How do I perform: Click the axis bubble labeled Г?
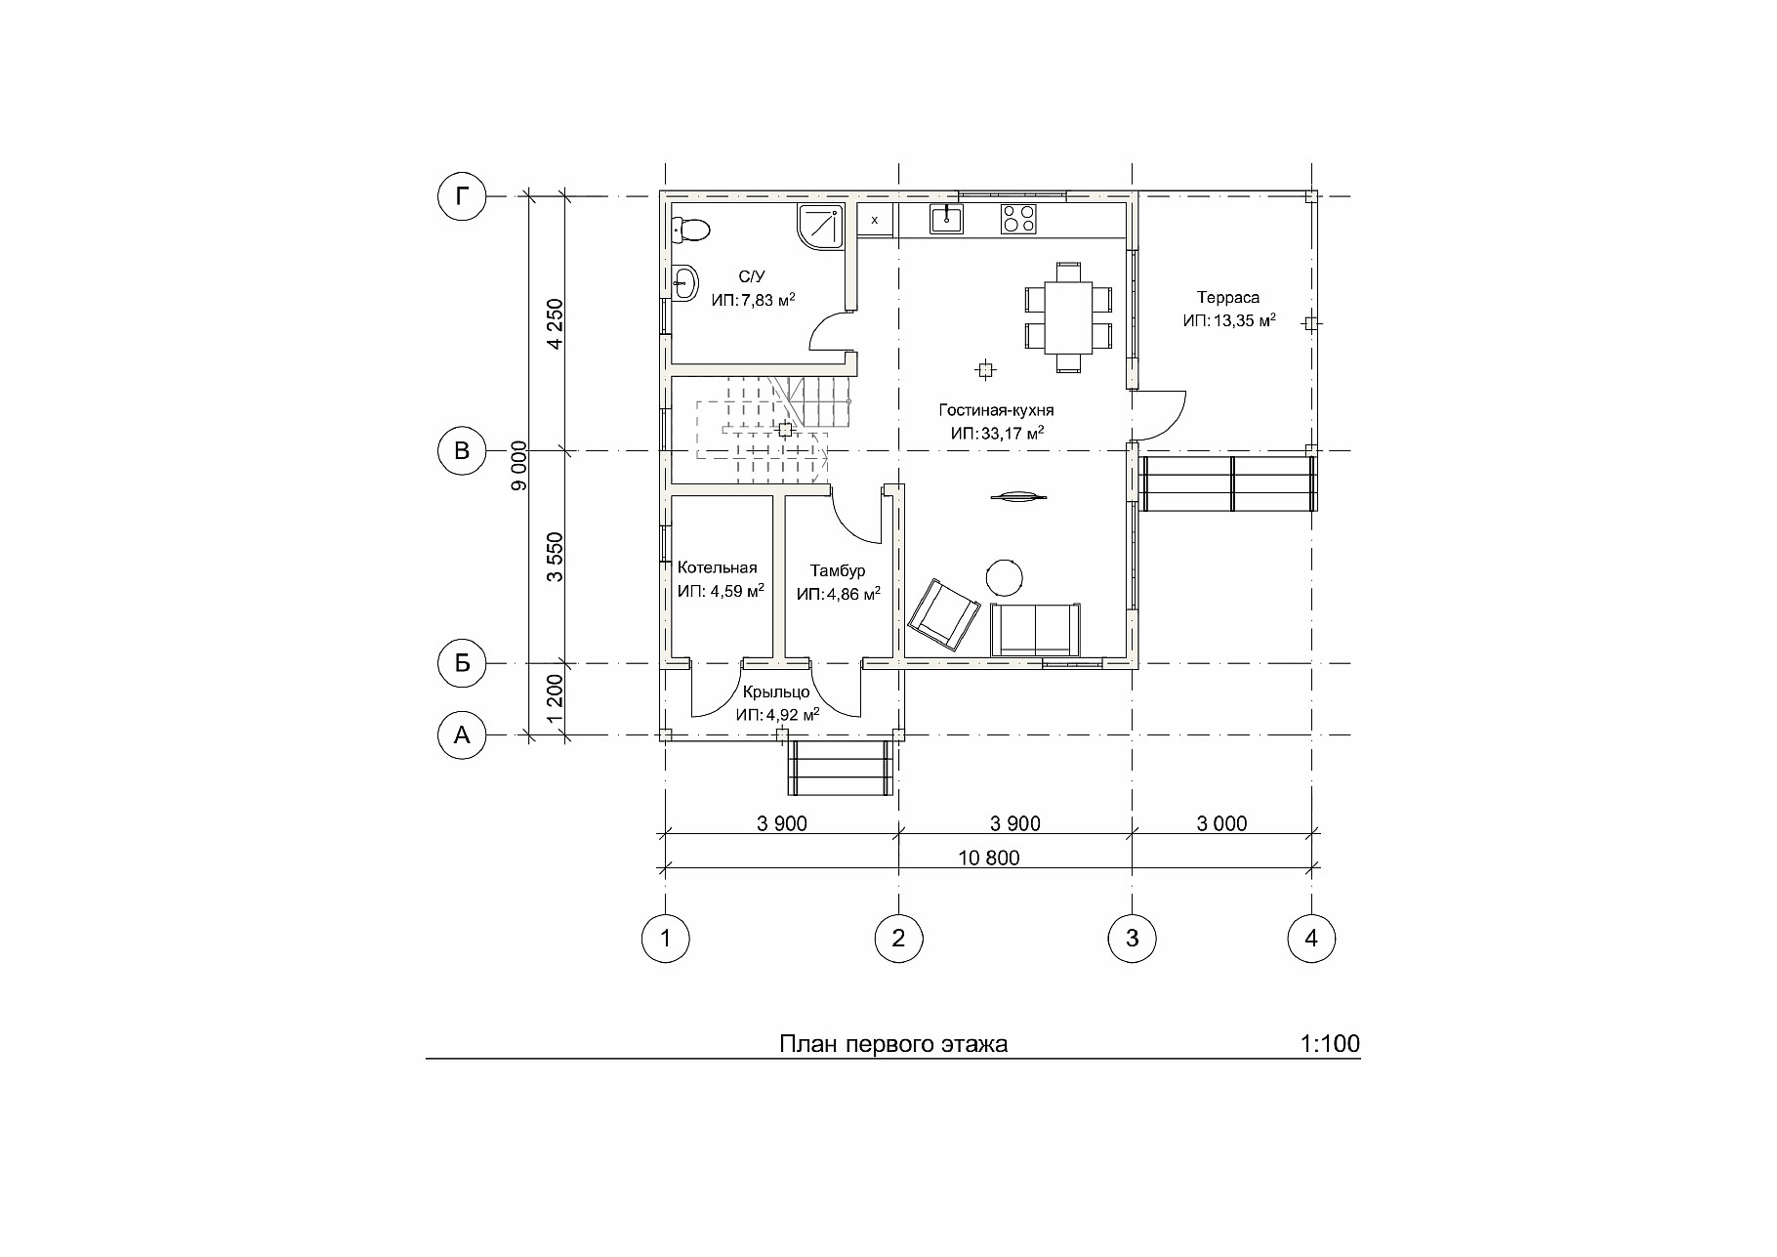click(462, 197)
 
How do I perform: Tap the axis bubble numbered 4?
click(1310, 939)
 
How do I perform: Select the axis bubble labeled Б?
click(462, 663)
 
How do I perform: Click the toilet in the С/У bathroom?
click(690, 230)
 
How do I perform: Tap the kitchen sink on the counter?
click(946, 220)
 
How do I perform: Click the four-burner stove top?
click(1017, 219)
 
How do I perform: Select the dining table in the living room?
click(1068, 317)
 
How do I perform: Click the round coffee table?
click(1004, 576)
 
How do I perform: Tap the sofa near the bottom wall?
click(1036, 630)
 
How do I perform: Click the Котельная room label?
click(718, 567)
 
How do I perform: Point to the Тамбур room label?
click(838, 571)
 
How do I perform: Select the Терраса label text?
click(1228, 298)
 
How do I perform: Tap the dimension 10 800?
click(989, 859)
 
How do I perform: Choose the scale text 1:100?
click(1330, 1044)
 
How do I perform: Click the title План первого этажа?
click(893, 1045)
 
